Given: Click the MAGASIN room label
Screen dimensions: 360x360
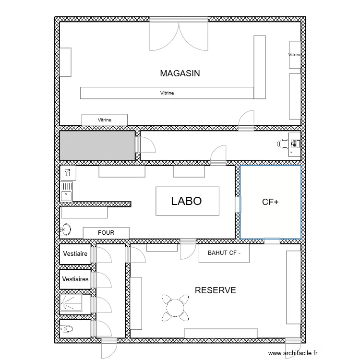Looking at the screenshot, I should point(180,73).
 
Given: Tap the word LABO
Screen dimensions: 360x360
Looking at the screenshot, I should point(186,201).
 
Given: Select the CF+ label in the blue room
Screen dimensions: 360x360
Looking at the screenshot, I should point(270,203).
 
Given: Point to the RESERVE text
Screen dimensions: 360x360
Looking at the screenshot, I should point(215,290).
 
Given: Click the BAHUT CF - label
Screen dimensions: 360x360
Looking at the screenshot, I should point(224,253).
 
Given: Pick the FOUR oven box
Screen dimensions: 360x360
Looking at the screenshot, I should point(106,233).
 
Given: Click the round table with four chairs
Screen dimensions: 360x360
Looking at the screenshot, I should point(176,307).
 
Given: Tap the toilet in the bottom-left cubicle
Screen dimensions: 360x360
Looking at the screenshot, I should point(68,329).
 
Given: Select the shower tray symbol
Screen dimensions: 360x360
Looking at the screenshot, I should point(71,304).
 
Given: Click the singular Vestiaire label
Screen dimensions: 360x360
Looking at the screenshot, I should point(75,253).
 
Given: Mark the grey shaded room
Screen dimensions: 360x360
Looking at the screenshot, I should point(96,145).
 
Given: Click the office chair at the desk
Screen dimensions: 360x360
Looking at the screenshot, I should point(282,143).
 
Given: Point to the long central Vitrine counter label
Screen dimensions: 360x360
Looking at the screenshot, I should point(167,93).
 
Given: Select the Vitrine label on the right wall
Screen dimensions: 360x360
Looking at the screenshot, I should point(295,55).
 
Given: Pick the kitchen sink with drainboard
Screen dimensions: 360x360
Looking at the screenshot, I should point(67,191).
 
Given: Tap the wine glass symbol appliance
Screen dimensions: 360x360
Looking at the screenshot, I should point(67,172).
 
